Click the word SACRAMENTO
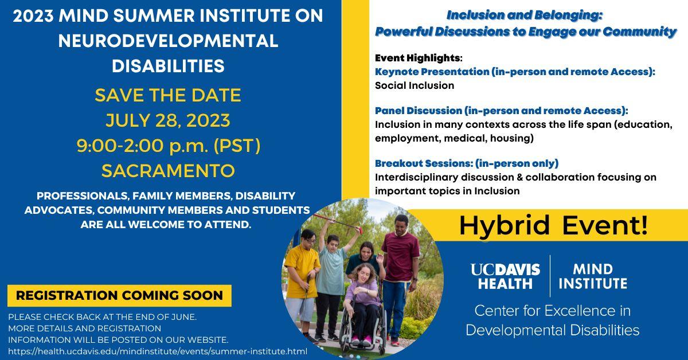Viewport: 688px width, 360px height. tap(168, 171)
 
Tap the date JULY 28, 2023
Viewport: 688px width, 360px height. tap(168, 120)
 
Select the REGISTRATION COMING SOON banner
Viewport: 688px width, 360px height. tap(119, 295)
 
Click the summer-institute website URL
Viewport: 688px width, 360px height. tap(158, 351)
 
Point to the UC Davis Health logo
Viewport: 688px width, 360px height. tap(505, 276)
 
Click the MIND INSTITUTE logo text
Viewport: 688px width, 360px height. tap(593, 276)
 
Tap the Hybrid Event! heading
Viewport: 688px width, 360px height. tap(553, 225)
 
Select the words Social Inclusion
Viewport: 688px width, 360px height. tap(415, 85)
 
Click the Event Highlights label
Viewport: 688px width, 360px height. tap(419, 58)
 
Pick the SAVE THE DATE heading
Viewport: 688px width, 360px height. tap(168, 95)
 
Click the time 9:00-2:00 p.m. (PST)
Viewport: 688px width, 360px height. tap(169, 146)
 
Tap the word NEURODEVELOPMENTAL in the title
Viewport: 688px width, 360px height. tap(169, 41)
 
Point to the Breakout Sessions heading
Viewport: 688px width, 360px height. tap(467, 163)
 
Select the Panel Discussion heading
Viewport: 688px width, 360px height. tap(502, 111)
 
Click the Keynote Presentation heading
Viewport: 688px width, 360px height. tap(515, 72)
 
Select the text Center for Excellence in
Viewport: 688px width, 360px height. tap(553, 311)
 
